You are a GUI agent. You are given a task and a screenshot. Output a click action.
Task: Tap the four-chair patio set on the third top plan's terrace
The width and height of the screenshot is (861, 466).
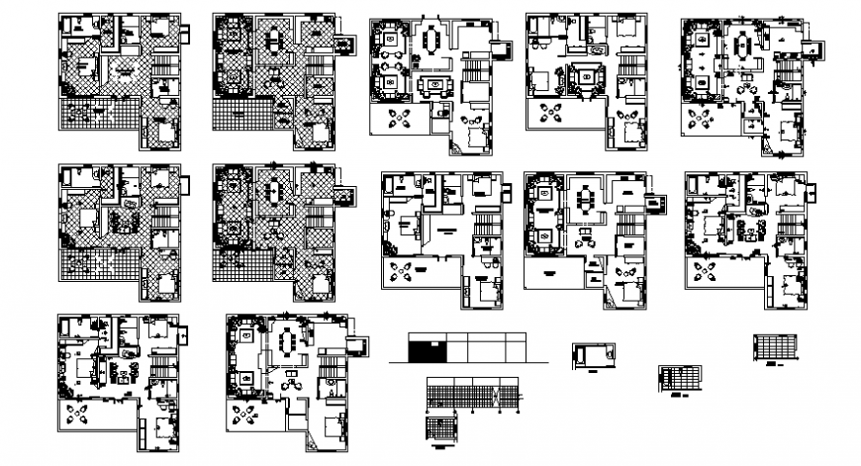(x=400, y=119)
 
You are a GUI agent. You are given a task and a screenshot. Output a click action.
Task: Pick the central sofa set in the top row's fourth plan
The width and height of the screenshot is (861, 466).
(x=587, y=75)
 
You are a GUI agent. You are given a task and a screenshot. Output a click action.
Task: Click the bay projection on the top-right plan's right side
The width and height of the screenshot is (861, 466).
(x=813, y=48)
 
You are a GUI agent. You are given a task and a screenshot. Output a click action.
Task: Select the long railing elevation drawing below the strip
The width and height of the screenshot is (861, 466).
(x=472, y=393)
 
